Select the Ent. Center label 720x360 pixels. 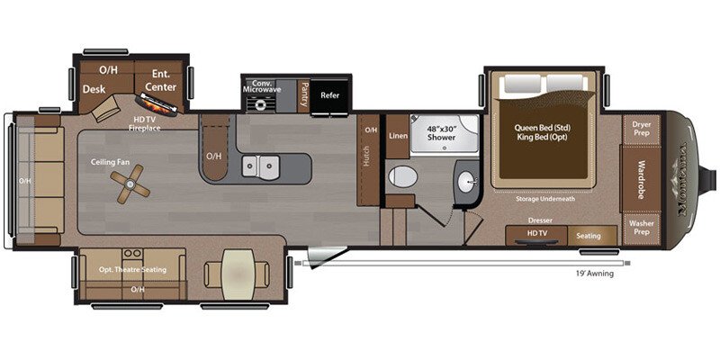click(163, 81)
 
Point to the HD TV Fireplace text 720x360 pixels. click(144, 123)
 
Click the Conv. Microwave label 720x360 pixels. click(263, 87)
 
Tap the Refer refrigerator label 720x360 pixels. click(330, 93)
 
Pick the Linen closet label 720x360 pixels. click(398, 135)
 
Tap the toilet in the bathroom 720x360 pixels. click(401, 177)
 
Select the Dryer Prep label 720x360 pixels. click(641, 129)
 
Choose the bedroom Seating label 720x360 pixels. click(589, 236)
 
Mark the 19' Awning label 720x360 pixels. click(595, 274)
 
